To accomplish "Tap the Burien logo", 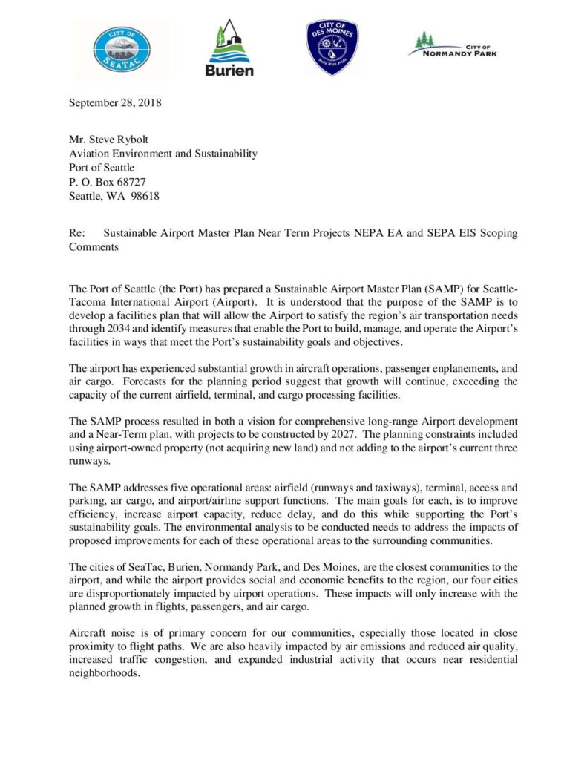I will point(229,48).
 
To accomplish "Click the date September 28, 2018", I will point(115,103).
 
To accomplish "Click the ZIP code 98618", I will point(145,196).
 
